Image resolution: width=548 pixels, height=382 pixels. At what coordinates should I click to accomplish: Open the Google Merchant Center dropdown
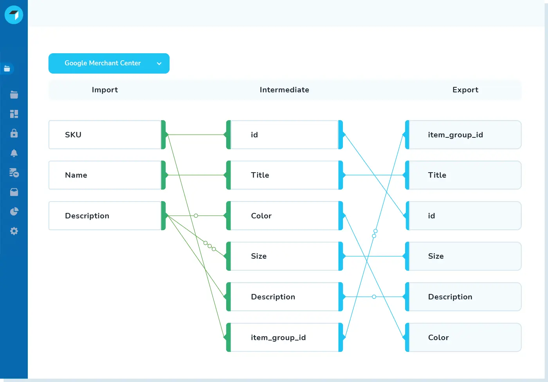(x=109, y=63)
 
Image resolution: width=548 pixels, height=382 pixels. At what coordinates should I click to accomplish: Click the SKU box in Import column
(x=105, y=135)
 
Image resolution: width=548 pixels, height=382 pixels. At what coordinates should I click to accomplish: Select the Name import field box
(x=105, y=175)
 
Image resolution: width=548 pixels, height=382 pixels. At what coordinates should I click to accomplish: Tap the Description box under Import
(x=105, y=216)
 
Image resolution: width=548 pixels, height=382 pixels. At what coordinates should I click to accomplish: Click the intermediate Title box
(x=284, y=175)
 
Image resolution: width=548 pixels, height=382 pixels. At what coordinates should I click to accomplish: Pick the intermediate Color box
(x=284, y=216)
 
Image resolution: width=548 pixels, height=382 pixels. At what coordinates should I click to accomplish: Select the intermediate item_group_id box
(x=284, y=337)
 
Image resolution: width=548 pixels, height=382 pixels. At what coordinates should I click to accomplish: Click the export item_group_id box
(x=465, y=135)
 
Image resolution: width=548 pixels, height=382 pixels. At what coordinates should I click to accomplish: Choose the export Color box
(x=465, y=337)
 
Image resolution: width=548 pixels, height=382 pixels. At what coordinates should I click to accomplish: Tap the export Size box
(x=465, y=256)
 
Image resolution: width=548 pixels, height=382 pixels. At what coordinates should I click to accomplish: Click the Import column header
(x=105, y=90)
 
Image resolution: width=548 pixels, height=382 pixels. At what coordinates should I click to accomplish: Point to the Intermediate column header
(x=284, y=90)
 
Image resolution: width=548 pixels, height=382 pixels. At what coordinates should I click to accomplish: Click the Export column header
(x=465, y=90)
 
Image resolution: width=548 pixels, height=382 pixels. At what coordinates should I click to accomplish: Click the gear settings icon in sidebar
(x=14, y=231)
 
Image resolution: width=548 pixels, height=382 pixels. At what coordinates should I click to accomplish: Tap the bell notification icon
(x=14, y=153)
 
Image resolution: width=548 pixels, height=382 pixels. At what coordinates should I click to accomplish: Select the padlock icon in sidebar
(x=14, y=133)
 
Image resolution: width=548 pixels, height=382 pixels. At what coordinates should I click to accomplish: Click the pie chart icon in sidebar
(x=14, y=211)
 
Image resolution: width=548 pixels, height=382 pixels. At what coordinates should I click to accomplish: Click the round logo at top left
(x=14, y=15)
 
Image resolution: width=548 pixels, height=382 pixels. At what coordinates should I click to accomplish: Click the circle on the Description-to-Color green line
(x=196, y=216)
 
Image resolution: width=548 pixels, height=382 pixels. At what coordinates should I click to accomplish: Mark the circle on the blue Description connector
(x=374, y=297)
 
